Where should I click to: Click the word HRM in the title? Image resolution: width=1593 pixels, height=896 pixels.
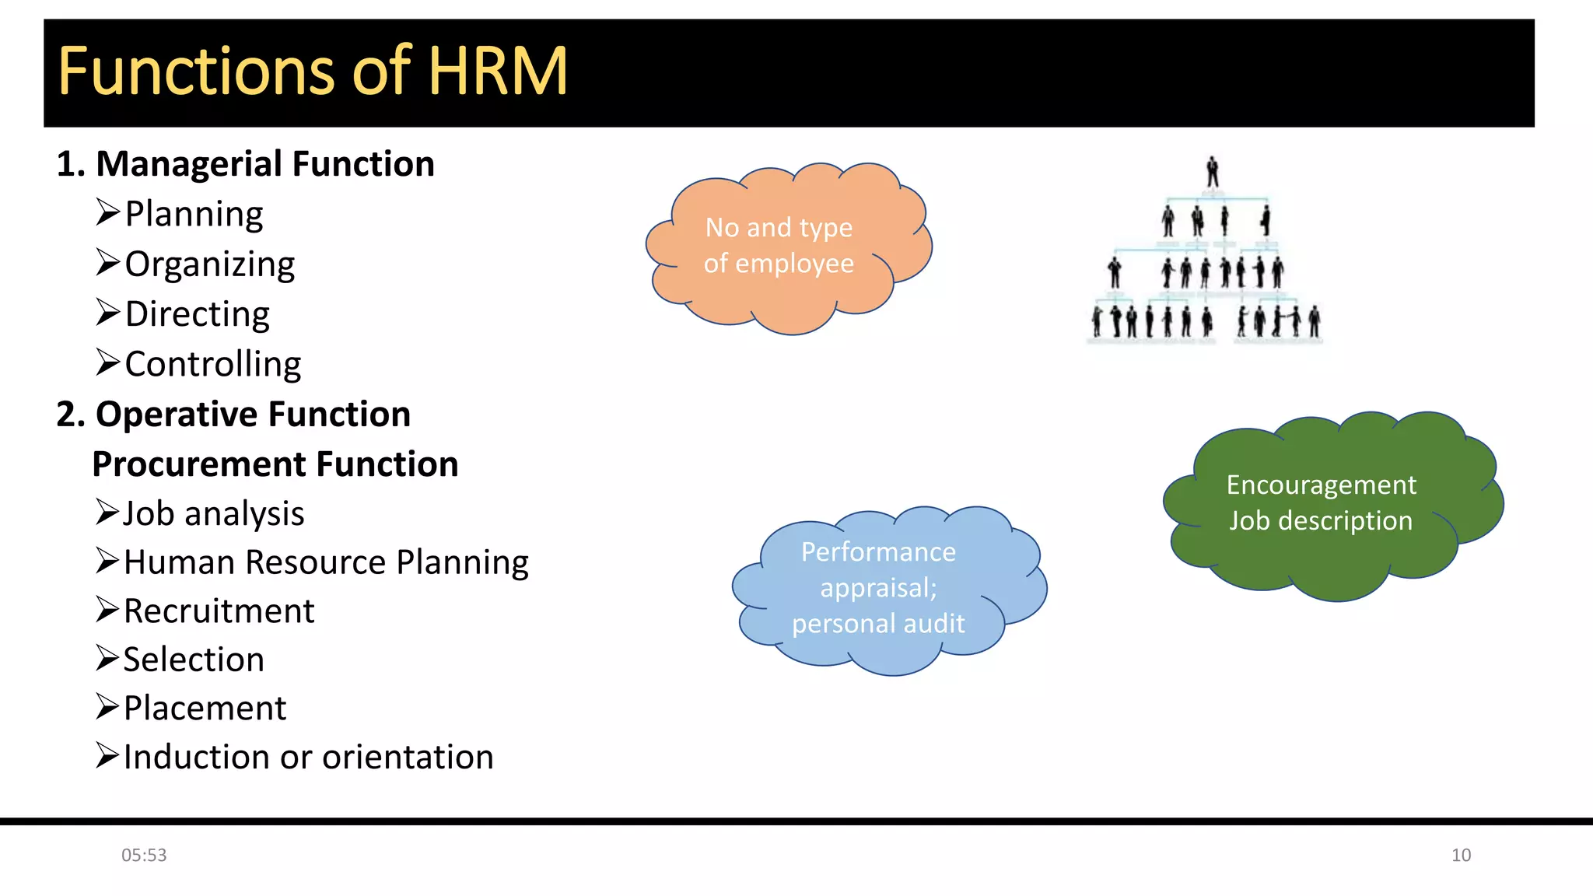tap(498, 72)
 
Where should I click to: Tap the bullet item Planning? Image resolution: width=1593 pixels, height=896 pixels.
tap(194, 214)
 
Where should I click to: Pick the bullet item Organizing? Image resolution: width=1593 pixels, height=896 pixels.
tap(210, 264)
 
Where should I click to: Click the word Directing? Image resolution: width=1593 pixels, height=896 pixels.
tap(198, 314)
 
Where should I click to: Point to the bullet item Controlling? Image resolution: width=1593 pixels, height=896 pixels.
tap(213, 364)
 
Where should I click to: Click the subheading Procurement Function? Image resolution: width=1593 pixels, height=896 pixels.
tap(275, 464)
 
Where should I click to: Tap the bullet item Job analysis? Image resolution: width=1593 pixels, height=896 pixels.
tap(214, 514)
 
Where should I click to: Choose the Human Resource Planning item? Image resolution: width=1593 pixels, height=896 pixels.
tap(326, 562)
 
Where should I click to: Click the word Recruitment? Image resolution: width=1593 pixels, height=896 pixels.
tap(219, 611)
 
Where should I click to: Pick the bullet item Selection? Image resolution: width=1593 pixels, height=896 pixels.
tap(194, 660)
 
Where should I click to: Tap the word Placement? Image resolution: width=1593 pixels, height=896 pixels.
tap(205, 709)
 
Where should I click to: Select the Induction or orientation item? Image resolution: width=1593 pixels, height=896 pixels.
tap(309, 758)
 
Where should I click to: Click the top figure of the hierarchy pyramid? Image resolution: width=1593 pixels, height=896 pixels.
tap(1212, 172)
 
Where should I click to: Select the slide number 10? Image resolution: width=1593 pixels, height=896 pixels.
tap(1461, 856)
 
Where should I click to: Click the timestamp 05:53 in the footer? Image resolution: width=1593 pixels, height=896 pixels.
tap(144, 856)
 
